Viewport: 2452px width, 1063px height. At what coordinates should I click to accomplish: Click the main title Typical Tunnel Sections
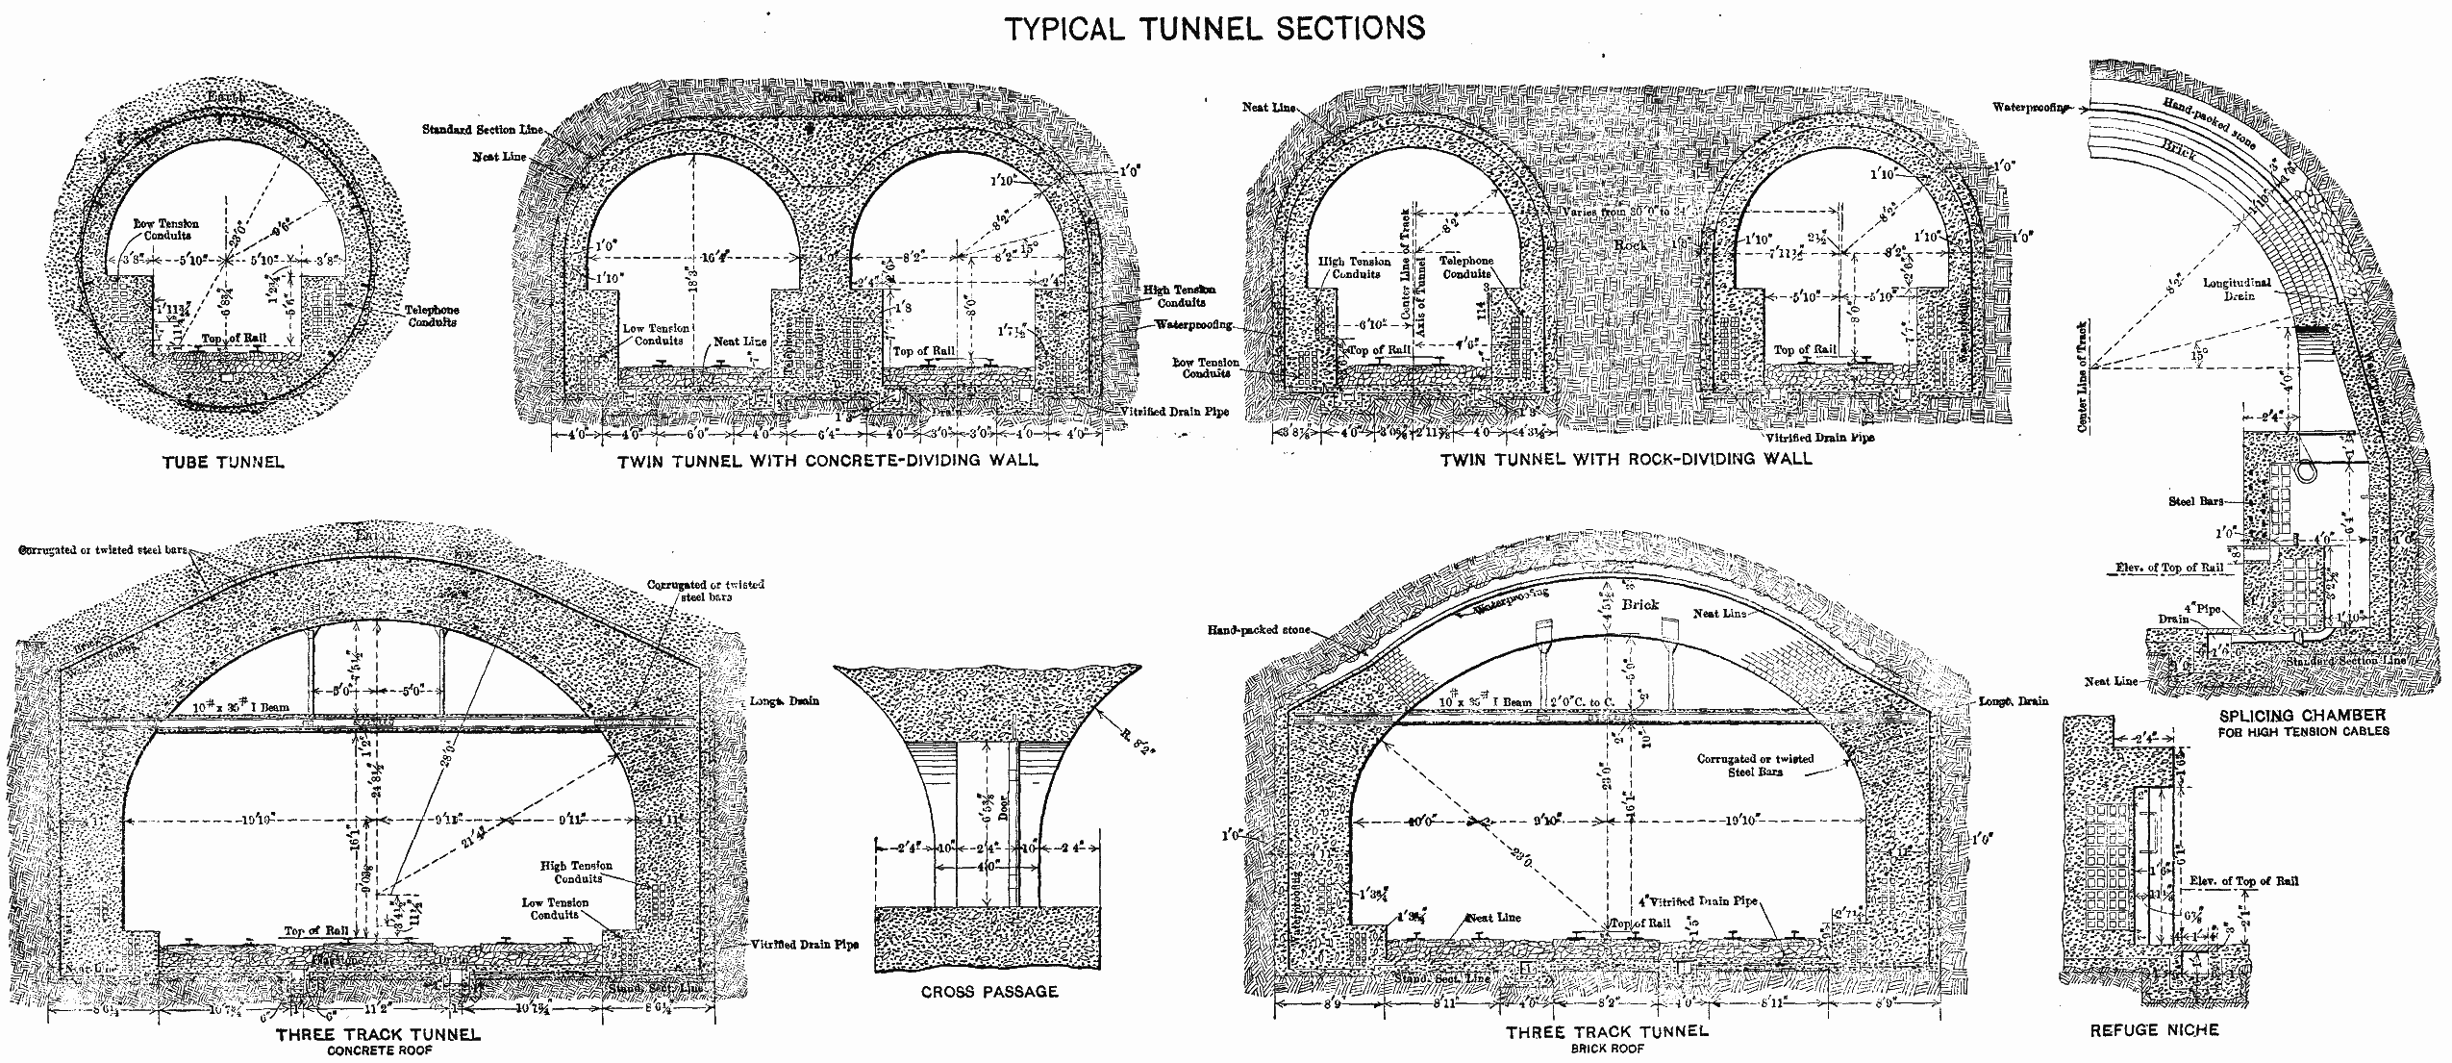tap(1213, 28)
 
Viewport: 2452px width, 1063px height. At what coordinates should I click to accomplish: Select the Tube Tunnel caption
tap(223, 462)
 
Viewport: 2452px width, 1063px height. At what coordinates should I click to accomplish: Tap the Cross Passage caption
tap(988, 991)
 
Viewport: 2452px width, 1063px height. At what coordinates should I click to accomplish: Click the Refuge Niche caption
tap(2154, 1029)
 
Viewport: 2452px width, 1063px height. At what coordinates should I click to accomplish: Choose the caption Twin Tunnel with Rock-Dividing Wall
tap(1625, 459)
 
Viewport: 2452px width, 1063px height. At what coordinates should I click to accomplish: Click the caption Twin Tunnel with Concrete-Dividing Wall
tap(827, 460)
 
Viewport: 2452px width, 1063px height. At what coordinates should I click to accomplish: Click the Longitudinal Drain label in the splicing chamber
tap(2237, 290)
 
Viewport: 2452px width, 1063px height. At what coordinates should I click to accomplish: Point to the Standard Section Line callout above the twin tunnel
tap(484, 129)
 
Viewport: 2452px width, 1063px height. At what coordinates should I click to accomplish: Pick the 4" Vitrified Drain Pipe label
tap(1697, 901)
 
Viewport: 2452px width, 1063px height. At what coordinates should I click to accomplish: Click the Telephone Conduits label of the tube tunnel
tap(431, 316)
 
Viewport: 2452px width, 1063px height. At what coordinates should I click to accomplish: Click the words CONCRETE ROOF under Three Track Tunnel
tap(378, 1050)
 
